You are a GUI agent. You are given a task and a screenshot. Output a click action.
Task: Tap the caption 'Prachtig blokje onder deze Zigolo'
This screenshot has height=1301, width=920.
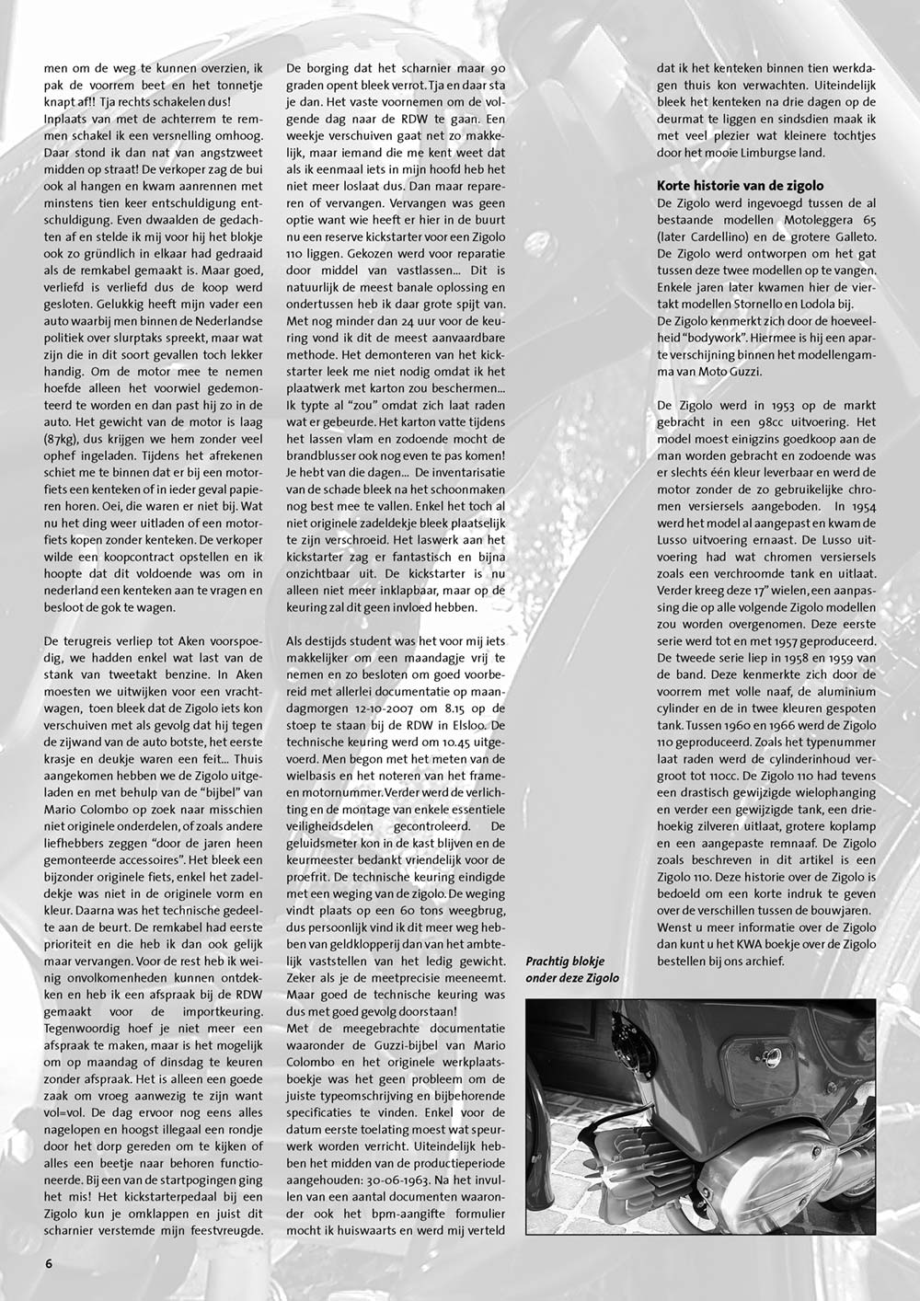pos(571,969)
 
